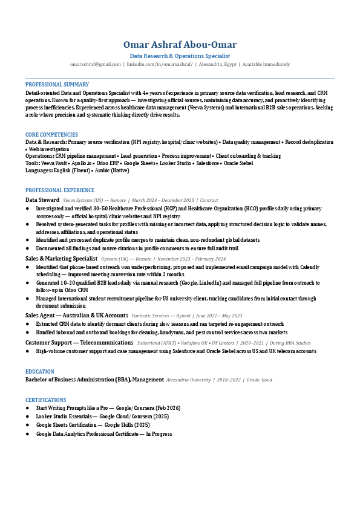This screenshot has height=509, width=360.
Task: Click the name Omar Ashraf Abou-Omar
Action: (x=180, y=45)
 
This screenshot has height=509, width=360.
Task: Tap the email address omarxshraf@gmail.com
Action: (x=96, y=63)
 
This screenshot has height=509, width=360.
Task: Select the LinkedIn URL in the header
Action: (x=160, y=63)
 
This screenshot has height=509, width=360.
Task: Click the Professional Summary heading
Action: (x=57, y=85)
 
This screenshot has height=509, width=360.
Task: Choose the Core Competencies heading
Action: (x=51, y=135)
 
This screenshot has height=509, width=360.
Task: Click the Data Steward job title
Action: (x=42, y=199)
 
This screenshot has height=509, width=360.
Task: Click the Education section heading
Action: (x=40, y=372)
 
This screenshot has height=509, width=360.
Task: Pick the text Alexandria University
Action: (x=188, y=380)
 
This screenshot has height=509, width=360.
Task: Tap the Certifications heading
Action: (x=46, y=400)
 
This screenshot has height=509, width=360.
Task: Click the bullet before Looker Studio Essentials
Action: (x=27, y=417)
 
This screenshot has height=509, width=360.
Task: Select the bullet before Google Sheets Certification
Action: (x=27, y=425)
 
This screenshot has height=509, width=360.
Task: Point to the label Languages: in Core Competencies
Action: (x=39, y=170)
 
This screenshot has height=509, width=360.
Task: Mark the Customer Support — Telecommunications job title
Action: (x=79, y=342)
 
